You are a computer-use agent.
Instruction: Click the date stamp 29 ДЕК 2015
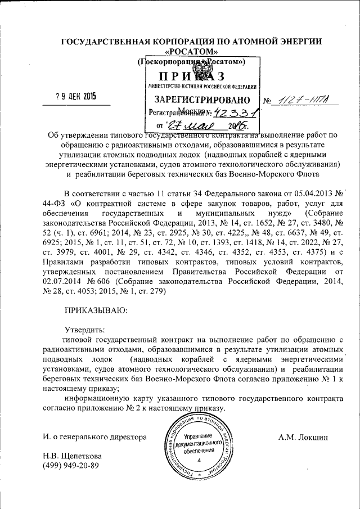tap(75, 96)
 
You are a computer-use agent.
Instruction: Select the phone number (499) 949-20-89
tap(71, 466)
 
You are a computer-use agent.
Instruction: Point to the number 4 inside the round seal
tap(199, 461)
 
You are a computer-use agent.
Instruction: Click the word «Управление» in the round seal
tap(198, 437)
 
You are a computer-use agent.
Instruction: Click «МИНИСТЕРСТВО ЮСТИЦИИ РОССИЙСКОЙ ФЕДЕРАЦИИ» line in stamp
tap(202, 87)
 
